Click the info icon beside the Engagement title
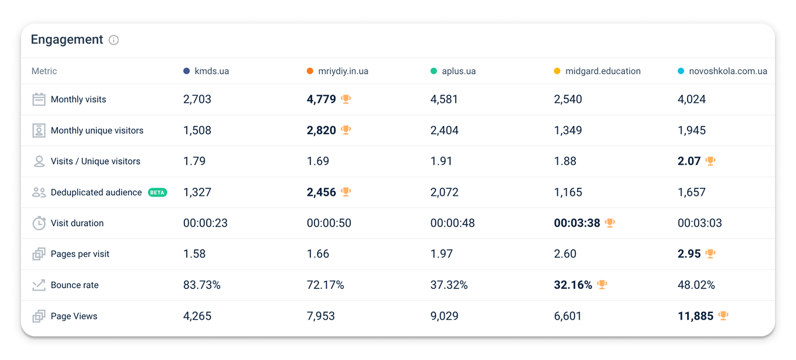[x=114, y=40]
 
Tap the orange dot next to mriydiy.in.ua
[x=310, y=71]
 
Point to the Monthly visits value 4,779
[x=321, y=99]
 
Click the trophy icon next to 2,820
[x=346, y=130]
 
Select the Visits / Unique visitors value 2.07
[x=689, y=161]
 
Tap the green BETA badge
[x=157, y=192]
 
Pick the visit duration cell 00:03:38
[x=577, y=223]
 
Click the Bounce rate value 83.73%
[x=202, y=285]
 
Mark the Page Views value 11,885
[x=695, y=316]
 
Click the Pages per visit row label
[x=80, y=254]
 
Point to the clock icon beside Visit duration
[x=39, y=223]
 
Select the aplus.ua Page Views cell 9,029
[x=444, y=316]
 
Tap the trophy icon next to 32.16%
[x=602, y=285]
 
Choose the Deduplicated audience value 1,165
[x=568, y=192]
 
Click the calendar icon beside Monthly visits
[x=39, y=100]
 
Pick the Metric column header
[x=44, y=71]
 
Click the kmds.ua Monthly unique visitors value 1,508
[x=197, y=130]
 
